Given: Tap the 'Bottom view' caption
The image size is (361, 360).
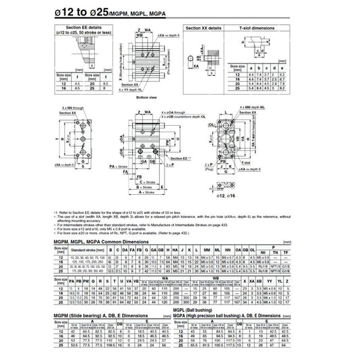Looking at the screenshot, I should (147, 97).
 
